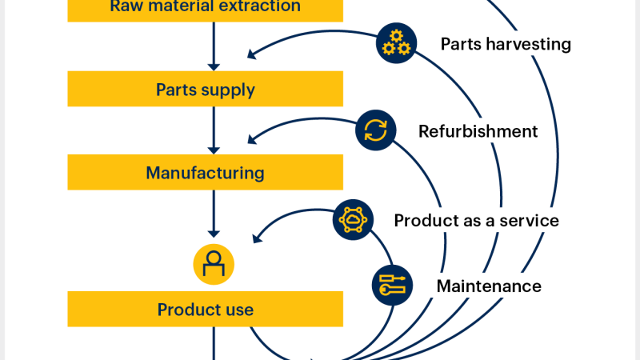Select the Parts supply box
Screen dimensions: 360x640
point(206,89)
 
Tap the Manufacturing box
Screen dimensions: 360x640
point(206,172)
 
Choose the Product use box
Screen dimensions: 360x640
point(206,309)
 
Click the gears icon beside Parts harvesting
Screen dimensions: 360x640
point(395,44)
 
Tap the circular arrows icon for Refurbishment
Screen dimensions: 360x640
point(374,130)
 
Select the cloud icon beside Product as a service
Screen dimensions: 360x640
point(352,220)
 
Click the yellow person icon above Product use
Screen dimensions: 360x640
point(214,263)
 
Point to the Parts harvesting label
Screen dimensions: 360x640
point(506,44)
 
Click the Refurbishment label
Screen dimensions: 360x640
point(478,131)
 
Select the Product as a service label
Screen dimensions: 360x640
point(476,220)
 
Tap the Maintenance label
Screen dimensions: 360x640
point(489,286)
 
